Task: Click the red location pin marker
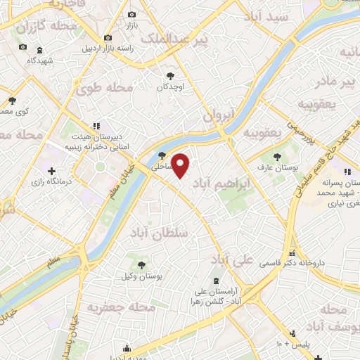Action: tap(181, 166)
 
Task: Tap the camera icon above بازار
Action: tap(131, 15)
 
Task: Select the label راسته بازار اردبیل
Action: tap(108, 49)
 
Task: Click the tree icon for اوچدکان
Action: tap(170, 75)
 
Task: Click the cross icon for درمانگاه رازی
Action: tap(51, 171)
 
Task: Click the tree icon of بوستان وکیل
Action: tap(141, 264)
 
